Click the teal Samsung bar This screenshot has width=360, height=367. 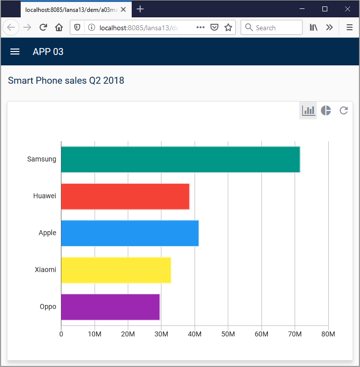coord(180,159)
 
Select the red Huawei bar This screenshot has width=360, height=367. coord(125,196)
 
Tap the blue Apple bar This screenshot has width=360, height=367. coord(129,233)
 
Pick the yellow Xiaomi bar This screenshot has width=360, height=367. coord(115,270)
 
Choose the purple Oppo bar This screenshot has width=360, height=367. coord(110,307)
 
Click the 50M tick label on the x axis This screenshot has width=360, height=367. coord(228,334)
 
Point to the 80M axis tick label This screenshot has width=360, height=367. coord(328,334)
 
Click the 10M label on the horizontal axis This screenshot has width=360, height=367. coord(94,334)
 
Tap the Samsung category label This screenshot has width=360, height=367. coord(42,159)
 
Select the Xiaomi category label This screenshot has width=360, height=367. coord(45,270)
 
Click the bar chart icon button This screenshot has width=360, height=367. coord(308,110)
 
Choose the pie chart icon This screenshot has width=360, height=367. coord(326,110)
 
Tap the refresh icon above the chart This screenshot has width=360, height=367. coord(344,110)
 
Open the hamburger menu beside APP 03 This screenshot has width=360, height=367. coord(15,52)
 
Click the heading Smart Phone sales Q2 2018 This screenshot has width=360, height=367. coord(66,80)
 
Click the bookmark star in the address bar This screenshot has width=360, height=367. coord(228,28)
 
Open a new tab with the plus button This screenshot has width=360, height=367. coord(140,9)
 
